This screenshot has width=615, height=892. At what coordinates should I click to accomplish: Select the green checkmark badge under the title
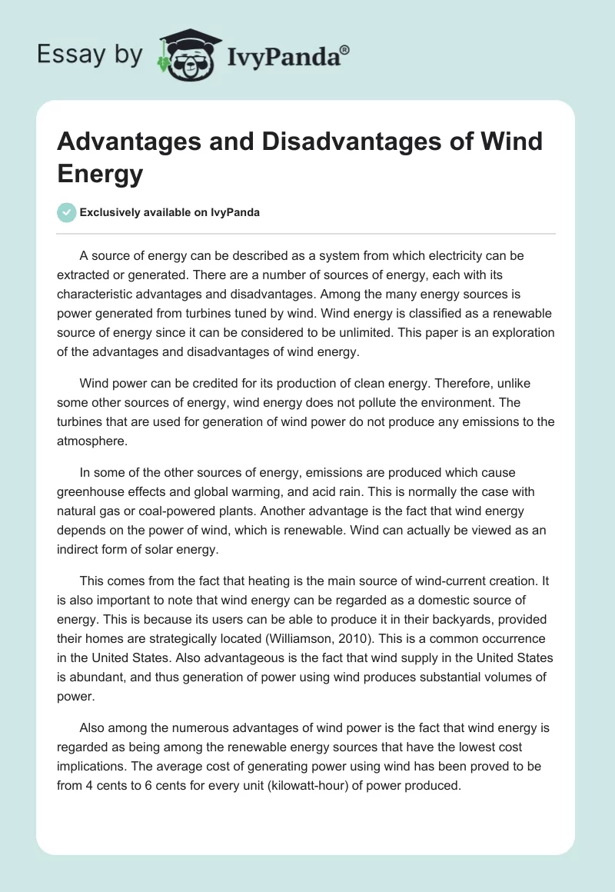[68, 213]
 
